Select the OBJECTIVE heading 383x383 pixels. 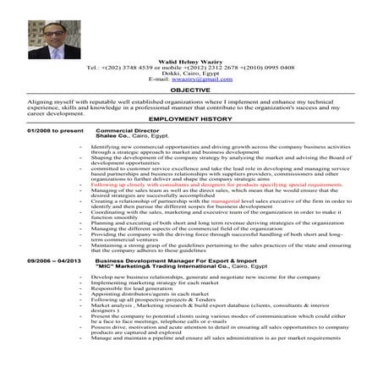(190, 88)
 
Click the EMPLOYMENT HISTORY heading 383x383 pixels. (190, 121)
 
